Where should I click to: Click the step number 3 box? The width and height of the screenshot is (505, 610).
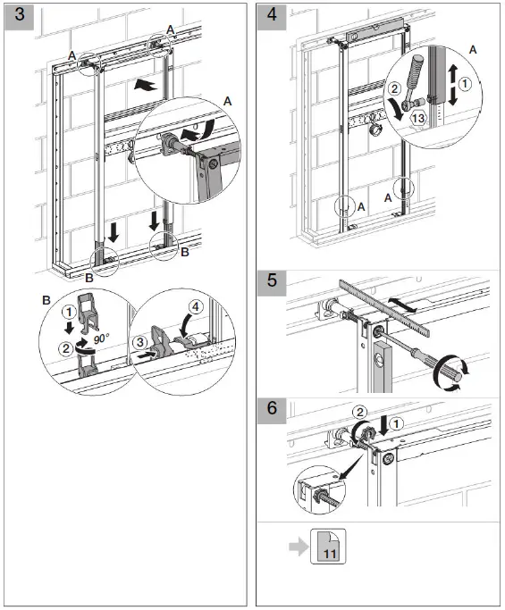click(20, 19)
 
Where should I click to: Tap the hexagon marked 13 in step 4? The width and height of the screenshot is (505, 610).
click(417, 117)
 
